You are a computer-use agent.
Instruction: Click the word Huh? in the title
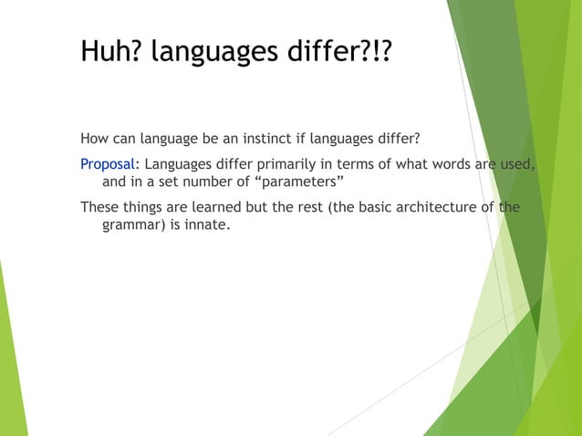click(x=111, y=52)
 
